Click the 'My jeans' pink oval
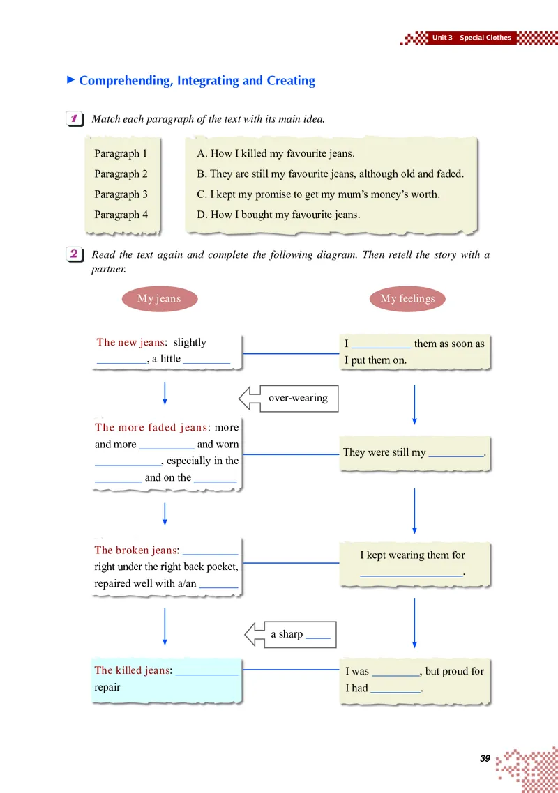pos(160,299)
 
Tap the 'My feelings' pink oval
pos(407,299)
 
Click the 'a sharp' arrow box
pos(291,634)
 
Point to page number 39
pos(485,758)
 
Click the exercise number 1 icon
pos(75,119)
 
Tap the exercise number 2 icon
pos(75,254)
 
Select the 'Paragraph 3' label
pos(121,194)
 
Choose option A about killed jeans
pos(276,153)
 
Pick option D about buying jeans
pos(278,215)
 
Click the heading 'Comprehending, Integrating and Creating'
pos(197,80)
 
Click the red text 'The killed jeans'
pos(132,670)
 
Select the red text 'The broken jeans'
pos(136,550)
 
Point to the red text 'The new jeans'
pos(130,342)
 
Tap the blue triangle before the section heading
pos(71,80)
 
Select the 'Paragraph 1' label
pos(121,153)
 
